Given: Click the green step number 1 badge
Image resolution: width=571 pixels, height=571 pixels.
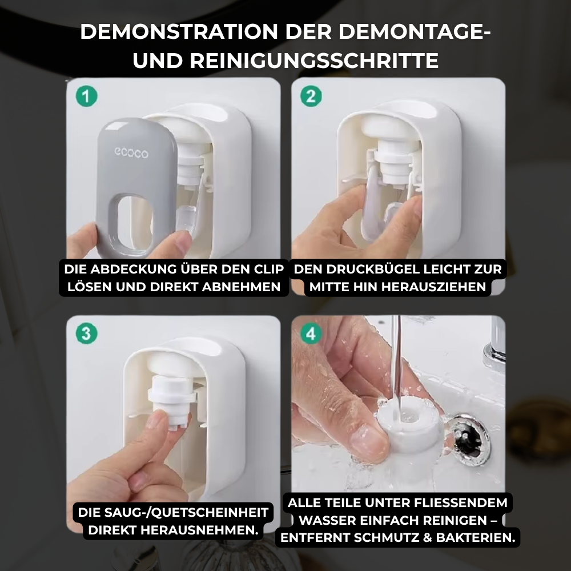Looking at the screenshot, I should [86, 95].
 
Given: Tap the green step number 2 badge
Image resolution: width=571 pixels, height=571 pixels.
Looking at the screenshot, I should [311, 95].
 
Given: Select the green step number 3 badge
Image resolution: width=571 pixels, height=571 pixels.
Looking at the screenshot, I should [86, 333].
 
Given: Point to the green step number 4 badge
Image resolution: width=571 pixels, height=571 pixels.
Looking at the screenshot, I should [311, 333].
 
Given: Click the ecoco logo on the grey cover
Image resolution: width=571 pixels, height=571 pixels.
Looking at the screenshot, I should [131, 153].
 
